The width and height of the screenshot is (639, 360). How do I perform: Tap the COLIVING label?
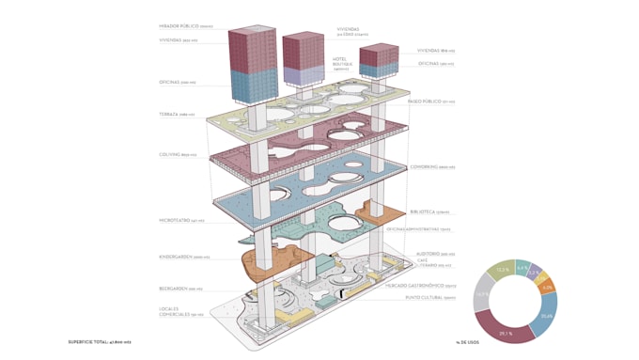click(178, 154)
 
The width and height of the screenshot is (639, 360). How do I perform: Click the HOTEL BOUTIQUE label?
click(340, 63)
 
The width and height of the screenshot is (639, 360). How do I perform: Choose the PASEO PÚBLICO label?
click(430, 102)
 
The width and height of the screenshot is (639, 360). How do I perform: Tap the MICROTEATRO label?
click(181, 221)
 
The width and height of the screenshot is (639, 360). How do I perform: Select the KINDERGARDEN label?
click(183, 257)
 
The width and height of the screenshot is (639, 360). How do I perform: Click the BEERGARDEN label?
click(180, 290)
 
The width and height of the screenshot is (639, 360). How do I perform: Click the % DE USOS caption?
click(467, 342)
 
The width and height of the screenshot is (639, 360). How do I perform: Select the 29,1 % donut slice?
click(506, 332)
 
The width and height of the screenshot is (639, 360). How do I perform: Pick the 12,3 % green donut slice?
click(503, 270)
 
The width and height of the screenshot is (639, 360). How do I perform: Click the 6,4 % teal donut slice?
click(522, 268)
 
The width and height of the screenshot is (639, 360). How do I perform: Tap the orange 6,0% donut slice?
click(547, 287)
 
